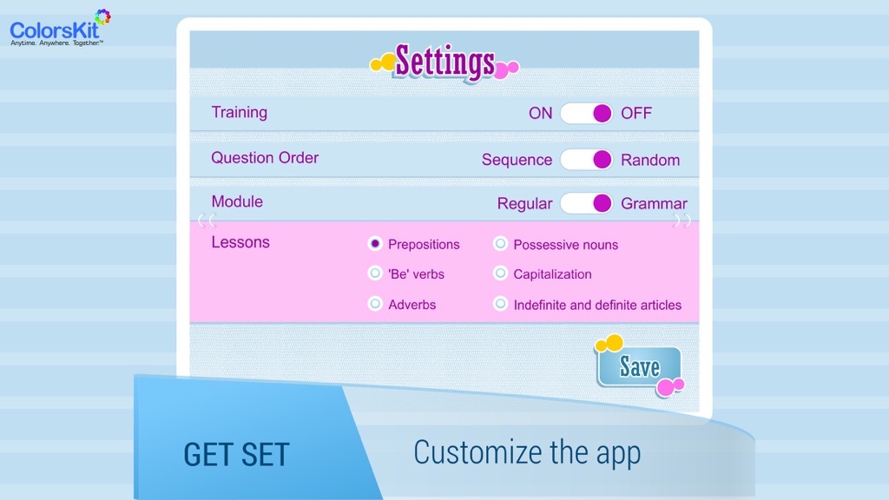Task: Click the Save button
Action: (x=639, y=367)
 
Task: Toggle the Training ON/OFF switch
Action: (x=586, y=114)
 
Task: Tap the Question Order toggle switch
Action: (x=586, y=160)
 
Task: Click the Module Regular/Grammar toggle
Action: (x=586, y=203)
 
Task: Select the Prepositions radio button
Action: (x=375, y=244)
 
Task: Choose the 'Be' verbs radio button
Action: (x=375, y=273)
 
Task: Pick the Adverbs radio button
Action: (x=375, y=303)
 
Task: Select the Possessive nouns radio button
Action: (x=500, y=244)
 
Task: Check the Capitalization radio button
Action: (x=500, y=273)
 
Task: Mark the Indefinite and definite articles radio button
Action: (x=500, y=303)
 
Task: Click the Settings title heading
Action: (x=444, y=62)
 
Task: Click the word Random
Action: (x=650, y=161)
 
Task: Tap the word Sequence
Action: (x=517, y=161)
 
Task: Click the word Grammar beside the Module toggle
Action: (x=654, y=203)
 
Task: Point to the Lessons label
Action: (x=240, y=242)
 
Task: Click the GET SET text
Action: (x=236, y=455)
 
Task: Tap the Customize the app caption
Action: (x=527, y=453)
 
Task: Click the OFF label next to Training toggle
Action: (x=636, y=114)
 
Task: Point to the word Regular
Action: (x=524, y=204)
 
